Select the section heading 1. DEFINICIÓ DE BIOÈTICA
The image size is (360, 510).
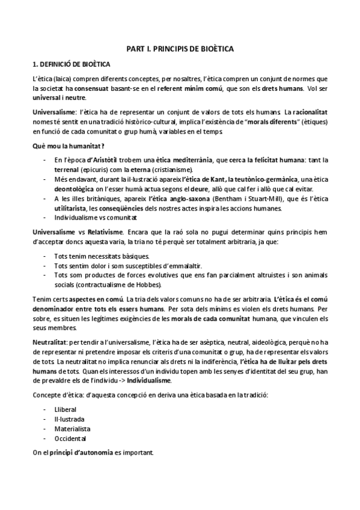point(71,63)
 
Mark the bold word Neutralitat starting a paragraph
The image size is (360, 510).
point(49,342)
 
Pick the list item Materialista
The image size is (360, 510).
point(72,429)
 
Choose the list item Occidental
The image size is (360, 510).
point(70,439)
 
